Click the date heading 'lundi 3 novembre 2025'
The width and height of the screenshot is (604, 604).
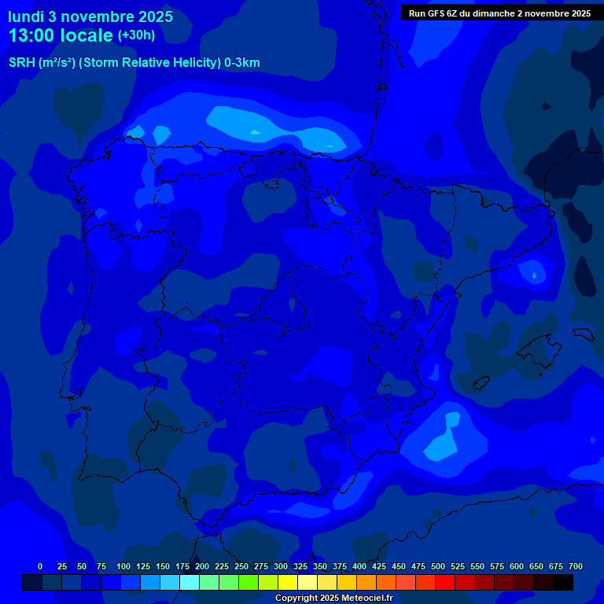pos(90,17)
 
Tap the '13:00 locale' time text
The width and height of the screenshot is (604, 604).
pos(61,35)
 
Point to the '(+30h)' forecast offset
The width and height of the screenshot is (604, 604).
pos(136,35)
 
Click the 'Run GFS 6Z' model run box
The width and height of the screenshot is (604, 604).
pos(499,13)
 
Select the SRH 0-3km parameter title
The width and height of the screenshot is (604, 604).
pos(134,63)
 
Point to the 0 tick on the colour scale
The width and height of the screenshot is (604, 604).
pos(40,566)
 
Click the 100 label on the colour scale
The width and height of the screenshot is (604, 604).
pos(123,566)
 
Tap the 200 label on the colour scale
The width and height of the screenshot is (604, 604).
pos(202,566)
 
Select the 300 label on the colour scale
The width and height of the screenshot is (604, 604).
pos(281,566)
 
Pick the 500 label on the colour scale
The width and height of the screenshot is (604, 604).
pos(438,566)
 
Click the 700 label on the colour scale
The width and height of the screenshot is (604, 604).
pos(576,566)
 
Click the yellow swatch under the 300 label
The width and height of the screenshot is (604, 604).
pos(288,583)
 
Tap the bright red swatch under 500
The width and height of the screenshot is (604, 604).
pos(445,583)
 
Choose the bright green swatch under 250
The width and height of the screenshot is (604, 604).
pos(249,583)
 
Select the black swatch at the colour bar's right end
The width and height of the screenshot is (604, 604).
pos(563,583)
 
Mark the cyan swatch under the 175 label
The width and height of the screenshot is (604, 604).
pos(190,583)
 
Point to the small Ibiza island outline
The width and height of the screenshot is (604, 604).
pos(477,383)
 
